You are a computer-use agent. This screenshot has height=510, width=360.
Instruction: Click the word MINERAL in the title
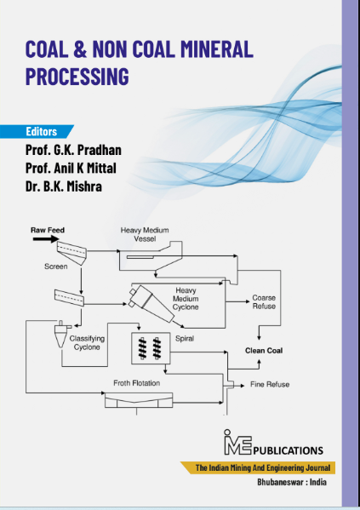[216, 49]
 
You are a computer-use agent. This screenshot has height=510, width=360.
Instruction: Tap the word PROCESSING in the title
[77, 77]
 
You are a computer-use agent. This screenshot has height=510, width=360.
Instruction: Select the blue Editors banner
[37, 131]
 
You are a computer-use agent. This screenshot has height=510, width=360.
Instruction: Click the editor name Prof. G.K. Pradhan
[73, 150]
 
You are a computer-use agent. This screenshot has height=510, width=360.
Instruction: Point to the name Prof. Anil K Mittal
[71, 169]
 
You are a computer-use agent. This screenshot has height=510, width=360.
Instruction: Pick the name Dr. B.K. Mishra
[64, 186]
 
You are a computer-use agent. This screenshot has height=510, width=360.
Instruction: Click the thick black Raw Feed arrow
[46, 239]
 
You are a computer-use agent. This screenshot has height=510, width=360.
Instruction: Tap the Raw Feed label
[48, 230]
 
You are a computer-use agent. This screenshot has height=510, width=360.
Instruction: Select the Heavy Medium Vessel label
[145, 234]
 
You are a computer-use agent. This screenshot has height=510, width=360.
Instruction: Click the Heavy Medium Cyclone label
[186, 299]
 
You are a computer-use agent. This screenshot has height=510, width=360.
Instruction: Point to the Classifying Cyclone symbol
[61, 334]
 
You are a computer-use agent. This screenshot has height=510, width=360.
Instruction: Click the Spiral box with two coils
[151, 348]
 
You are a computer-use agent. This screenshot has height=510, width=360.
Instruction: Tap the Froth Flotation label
[136, 383]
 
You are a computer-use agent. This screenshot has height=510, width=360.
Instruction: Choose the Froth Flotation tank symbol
[139, 400]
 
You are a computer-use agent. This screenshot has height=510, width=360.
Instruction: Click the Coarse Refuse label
[264, 302]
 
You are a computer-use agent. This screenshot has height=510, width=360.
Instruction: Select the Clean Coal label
[264, 351]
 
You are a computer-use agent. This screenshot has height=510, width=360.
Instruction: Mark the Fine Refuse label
[270, 385]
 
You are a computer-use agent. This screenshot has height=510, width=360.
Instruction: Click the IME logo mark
[237, 443]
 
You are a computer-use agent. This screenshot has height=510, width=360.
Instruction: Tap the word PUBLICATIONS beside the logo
[289, 450]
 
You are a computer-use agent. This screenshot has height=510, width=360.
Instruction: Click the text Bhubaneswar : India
[292, 482]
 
